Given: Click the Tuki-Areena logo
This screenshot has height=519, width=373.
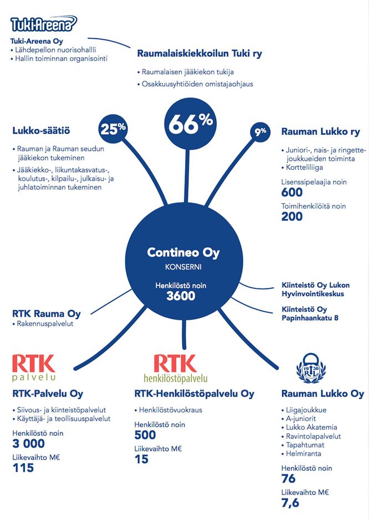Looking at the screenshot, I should (x=43, y=24).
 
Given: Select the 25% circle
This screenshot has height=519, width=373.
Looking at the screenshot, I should (x=113, y=129).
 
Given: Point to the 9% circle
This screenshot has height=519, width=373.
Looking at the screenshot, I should (x=260, y=131).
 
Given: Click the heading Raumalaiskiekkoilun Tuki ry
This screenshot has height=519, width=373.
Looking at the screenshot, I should (x=200, y=54).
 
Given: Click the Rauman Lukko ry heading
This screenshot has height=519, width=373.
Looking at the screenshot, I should (x=320, y=132).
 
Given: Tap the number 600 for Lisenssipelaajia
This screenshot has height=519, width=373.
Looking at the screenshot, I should (x=292, y=192).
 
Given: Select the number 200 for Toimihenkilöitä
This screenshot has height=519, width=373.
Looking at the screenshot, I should (x=292, y=217).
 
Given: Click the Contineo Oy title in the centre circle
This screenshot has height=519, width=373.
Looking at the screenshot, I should (x=183, y=253).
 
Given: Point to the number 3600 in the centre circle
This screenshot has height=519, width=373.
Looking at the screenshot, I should (x=181, y=296).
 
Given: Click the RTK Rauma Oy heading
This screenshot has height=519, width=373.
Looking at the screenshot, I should (x=46, y=314).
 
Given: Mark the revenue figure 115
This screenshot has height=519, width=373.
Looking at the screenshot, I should (x=23, y=467).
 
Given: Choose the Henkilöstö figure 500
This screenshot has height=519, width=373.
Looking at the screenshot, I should (x=145, y=435).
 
